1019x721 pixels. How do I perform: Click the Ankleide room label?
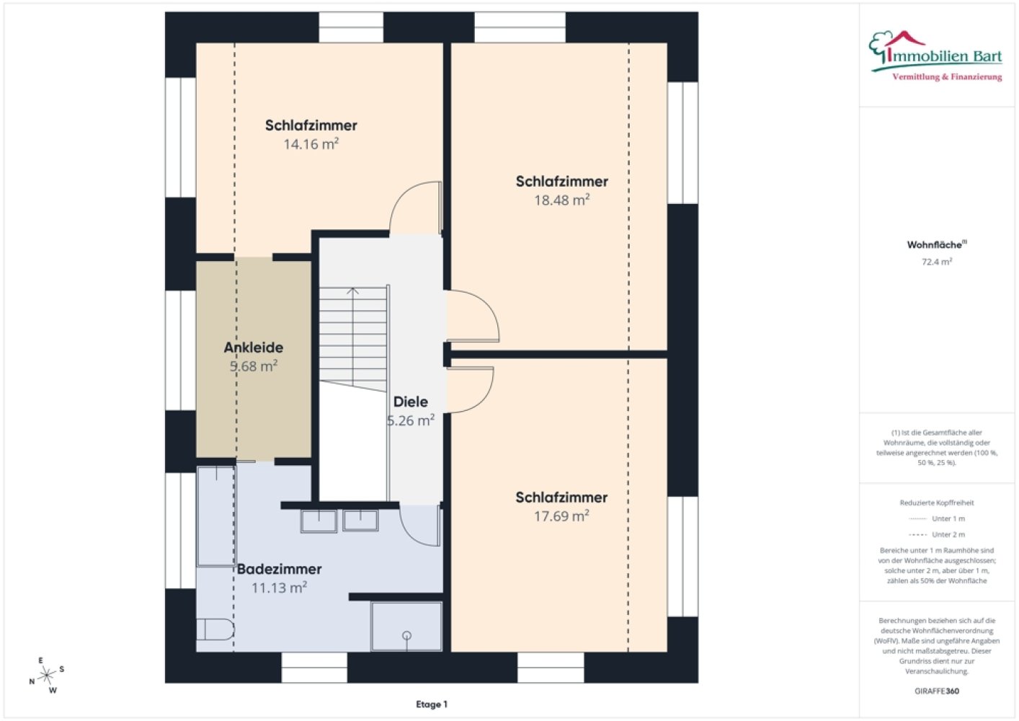(x=254, y=348)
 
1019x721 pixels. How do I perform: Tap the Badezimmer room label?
(x=280, y=569)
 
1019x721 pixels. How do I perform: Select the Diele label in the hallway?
(x=410, y=402)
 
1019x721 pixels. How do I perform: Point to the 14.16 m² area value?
(x=311, y=143)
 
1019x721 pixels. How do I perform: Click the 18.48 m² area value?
(x=562, y=200)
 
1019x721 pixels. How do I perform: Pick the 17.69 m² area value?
(x=561, y=516)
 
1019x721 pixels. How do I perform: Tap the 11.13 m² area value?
(x=280, y=588)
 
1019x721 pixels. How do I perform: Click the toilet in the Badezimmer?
(x=215, y=629)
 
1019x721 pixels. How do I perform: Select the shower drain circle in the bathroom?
(x=406, y=635)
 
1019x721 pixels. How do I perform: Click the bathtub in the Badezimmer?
(x=216, y=516)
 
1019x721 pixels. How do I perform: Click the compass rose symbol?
(x=46, y=675)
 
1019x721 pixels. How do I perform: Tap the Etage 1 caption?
(x=432, y=704)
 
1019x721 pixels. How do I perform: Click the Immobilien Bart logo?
(x=935, y=56)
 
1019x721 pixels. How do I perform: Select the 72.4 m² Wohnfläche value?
(x=937, y=262)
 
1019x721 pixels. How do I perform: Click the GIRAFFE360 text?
(x=937, y=691)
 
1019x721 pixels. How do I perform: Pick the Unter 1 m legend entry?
(x=937, y=518)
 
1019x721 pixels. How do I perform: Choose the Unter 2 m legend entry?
(x=937, y=534)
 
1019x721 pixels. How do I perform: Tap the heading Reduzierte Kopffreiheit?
(x=937, y=503)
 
